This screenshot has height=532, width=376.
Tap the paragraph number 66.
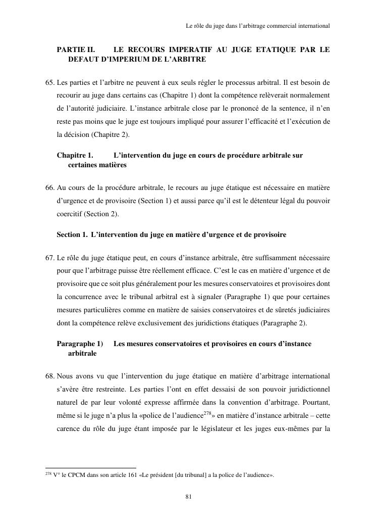[50, 188]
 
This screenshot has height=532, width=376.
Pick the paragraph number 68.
[50, 376]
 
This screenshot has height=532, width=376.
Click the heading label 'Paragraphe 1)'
[80, 344]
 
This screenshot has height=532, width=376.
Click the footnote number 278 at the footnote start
[48, 474]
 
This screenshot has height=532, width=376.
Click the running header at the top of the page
[258, 25]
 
